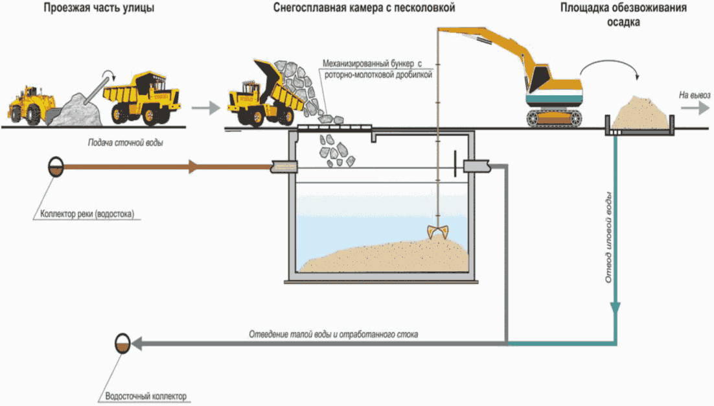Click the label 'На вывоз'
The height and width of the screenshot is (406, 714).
[x=694, y=95]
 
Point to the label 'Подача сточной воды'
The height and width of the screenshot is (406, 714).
[x=125, y=143]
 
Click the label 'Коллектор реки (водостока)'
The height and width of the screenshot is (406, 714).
[x=86, y=213]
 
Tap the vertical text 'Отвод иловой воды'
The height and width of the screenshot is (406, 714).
[x=608, y=237]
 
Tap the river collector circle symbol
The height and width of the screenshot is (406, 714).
[x=55, y=167]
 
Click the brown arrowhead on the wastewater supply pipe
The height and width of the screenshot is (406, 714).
[x=192, y=167]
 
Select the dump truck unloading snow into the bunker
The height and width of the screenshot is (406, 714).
[x=262, y=94]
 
